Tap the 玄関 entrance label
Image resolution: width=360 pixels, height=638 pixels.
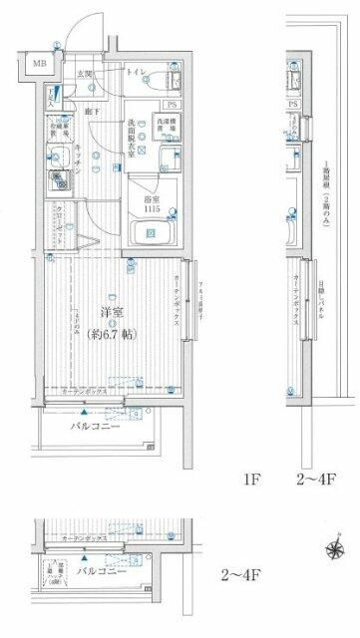point(88,74)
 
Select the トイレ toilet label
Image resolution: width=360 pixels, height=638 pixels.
point(136,72)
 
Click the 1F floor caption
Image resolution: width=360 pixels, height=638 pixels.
point(249,478)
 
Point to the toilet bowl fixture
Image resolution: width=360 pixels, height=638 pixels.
point(166,80)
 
